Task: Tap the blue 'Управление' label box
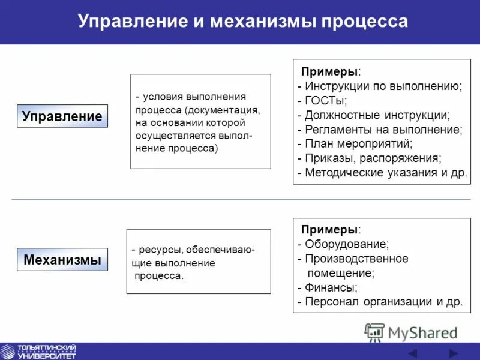click(62, 116)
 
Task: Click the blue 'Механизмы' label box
click(62, 260)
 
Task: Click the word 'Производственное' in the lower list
click(356, 259)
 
